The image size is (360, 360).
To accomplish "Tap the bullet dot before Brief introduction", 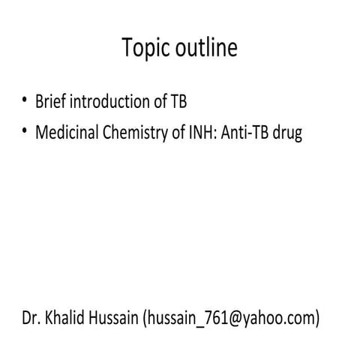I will [x=25, y=99].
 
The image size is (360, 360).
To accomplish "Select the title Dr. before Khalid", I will [x=31, y=319].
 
